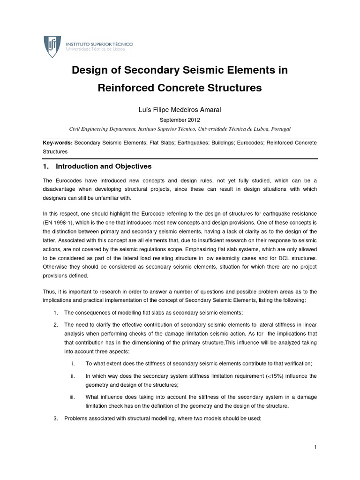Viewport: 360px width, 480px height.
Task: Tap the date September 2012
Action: (x=180, y=120)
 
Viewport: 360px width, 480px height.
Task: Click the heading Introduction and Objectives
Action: (x=103, y=166)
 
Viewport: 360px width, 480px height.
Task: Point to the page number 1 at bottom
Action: (x=316, y=448)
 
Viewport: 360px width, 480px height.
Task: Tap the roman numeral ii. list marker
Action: (x=73, y=375)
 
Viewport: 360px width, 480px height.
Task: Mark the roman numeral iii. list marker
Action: (x=72, y=397)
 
